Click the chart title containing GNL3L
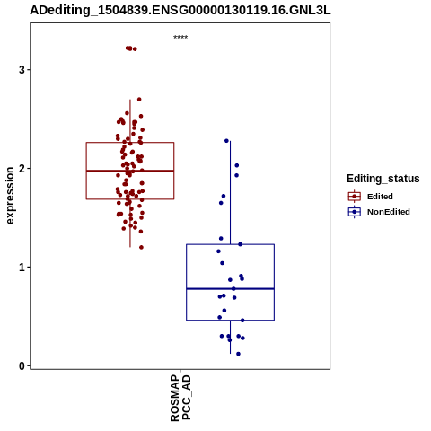tap(180, 11)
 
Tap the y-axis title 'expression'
tap(10, 196)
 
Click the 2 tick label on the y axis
tap(22, 169)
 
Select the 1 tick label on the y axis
tap(22, 267)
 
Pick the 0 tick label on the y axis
tap(22, 365)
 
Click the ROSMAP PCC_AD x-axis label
tap(180, 398)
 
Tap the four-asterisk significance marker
tap(180, 38)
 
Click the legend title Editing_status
tap(383, 179)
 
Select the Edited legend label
tap(380, 197)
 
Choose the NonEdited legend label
tap(389, 212)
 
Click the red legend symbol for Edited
tap(355, 197)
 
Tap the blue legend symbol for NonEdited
tap(355, 212)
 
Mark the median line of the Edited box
tap(130, 171)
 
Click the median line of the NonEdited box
tap(231, 289)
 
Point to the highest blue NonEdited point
tap(226, 141)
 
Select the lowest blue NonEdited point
tap(238, 354)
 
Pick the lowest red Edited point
tap(141, 247)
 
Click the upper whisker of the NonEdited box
tap(230, 193)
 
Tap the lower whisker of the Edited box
tap(130, 223)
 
